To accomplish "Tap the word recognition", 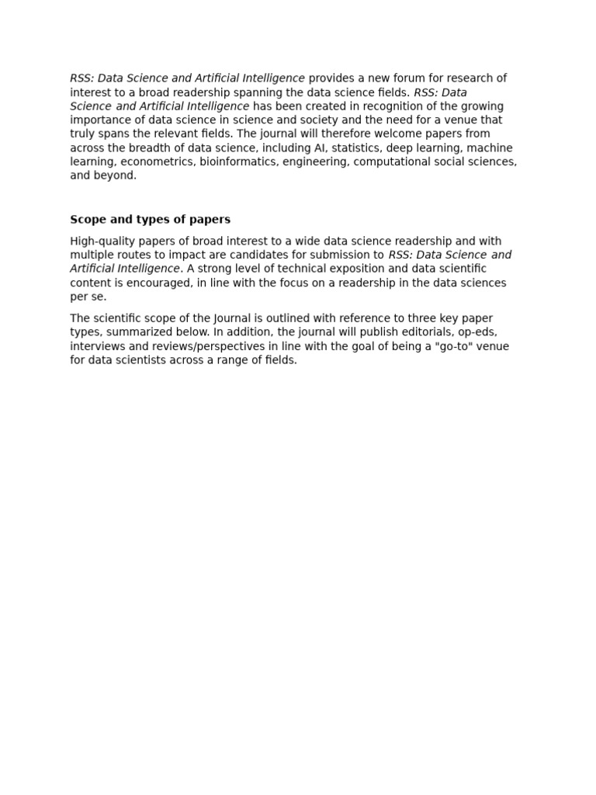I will (362, 106).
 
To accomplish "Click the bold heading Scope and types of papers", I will (150, 220).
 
